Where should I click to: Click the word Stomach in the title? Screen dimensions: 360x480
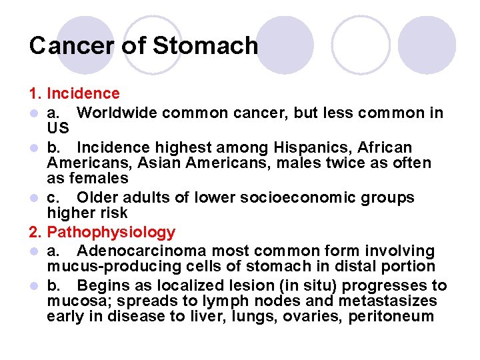205,46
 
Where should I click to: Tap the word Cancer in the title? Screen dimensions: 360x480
69,46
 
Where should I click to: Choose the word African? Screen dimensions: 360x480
386,147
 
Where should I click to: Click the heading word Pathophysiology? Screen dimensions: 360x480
111,233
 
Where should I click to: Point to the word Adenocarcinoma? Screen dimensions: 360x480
143,251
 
